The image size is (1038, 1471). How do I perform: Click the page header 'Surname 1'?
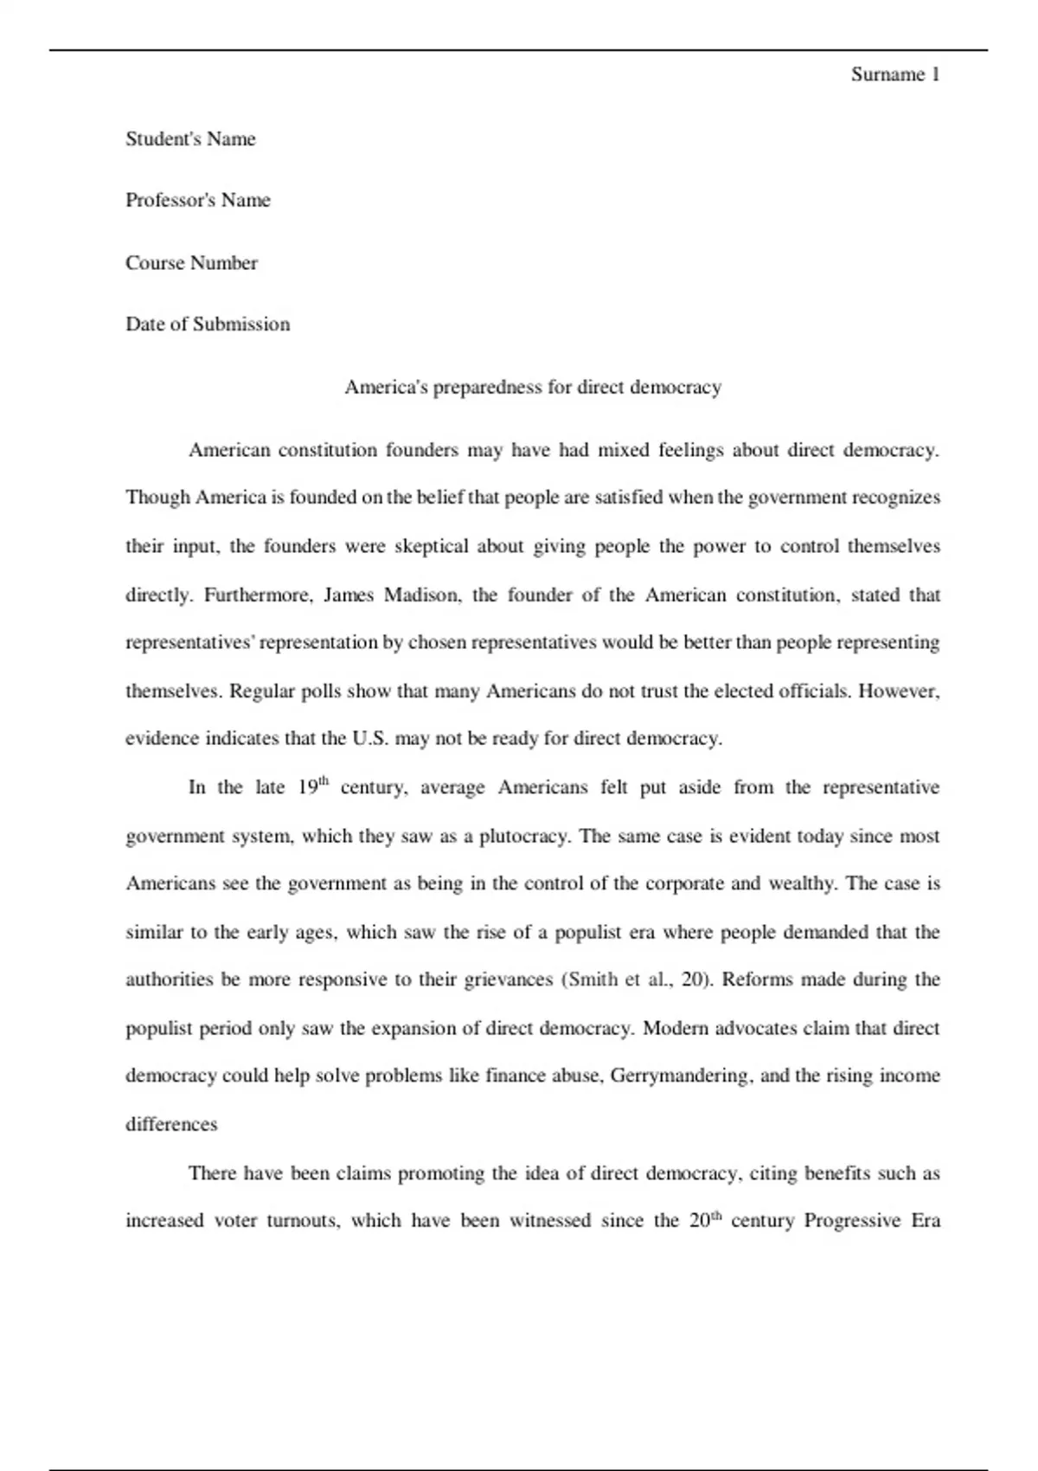click(x=894, y=74)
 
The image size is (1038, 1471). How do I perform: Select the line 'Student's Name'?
click(x=190, y=139)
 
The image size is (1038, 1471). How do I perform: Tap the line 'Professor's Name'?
click(x=198, y=201)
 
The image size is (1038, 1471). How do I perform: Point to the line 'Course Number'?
click(x=191, y=263)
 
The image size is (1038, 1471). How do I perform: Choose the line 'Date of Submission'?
click(x=208, y=324)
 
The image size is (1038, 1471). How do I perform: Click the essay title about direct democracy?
click(x=533, y=387)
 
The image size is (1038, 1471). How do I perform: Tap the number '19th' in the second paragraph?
click(x=313, y=787)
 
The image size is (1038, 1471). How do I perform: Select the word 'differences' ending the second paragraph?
click(x=171, y=1125)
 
